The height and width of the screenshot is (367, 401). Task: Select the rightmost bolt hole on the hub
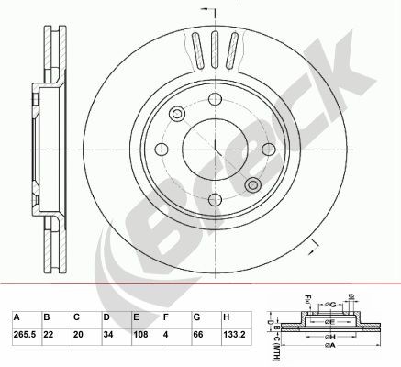(268, 151)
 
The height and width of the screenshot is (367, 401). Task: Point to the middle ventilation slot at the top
(214, 47)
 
